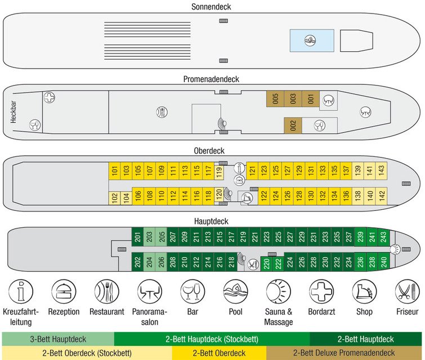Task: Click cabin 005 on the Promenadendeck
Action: coord(275,100)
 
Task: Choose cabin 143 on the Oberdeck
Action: coord(381,169)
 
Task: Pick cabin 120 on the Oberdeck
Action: coord(220,196)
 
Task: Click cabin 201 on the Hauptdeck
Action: coord(137,238)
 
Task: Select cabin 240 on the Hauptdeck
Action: coord(383,262)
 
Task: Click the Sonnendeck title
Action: coord(212,6)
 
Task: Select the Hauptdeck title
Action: coord(212,222)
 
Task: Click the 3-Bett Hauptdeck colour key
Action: coord(59,339)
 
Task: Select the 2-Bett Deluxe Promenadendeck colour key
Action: coord(351,353)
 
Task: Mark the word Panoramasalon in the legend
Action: coord(149,317)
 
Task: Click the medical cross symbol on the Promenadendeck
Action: coord(50,97)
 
